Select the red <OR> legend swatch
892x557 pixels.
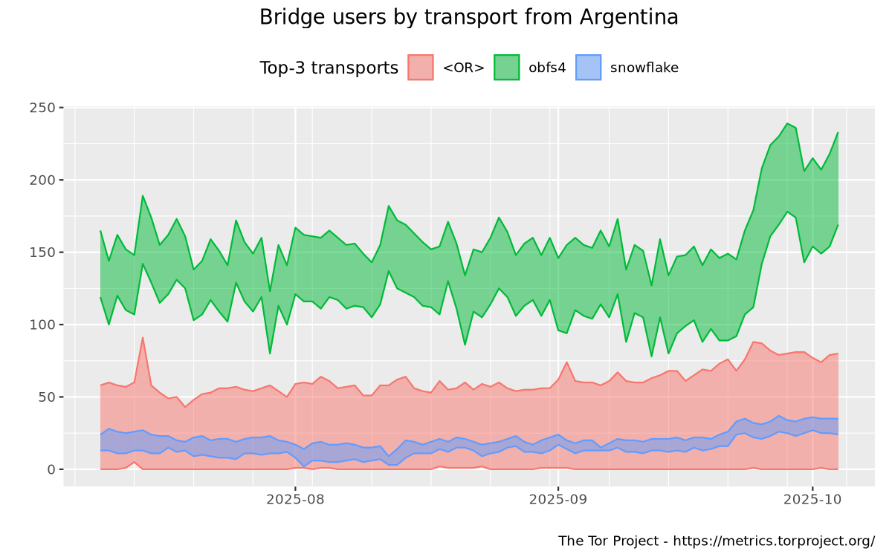click(421, 68)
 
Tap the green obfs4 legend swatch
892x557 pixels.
click(506, 68)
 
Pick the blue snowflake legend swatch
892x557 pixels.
click(588, 68)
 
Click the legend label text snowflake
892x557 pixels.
click(644, 68)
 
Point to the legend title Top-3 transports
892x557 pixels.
click(329, 68)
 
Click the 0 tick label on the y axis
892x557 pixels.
click(51, 469)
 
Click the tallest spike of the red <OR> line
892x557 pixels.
click(142, 338)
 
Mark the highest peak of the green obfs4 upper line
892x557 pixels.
click(786, 123)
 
